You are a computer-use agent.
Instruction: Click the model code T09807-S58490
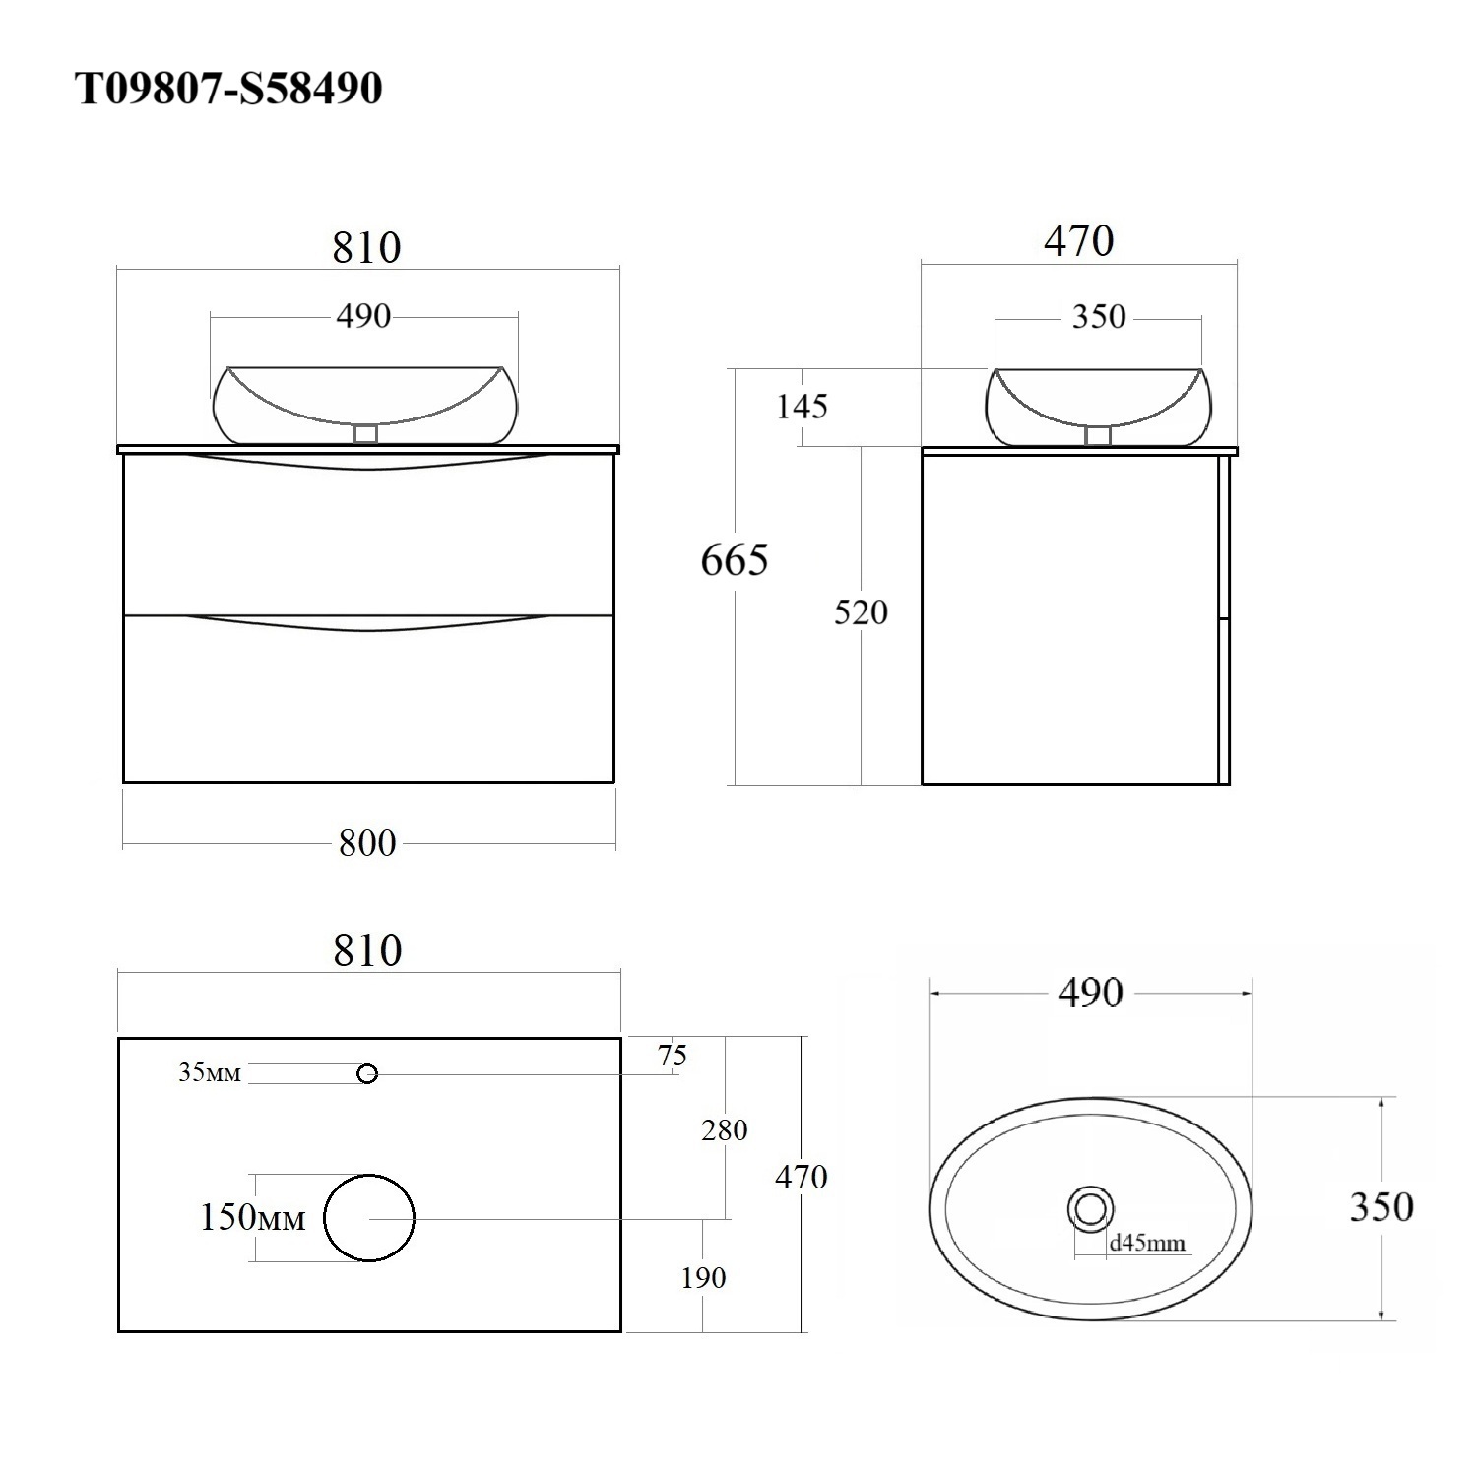pos(228,89)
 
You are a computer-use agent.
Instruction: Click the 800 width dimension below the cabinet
pos(367,843)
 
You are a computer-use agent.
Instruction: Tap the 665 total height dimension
pos(735,560)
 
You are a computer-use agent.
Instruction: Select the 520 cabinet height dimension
pos(861,612)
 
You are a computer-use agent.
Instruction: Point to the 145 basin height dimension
pos(803,406)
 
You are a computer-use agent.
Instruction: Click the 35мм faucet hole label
pos(209,1072)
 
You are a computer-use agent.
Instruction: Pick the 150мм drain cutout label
pos(253,1218)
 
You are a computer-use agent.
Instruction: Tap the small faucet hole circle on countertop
pos(367,1074)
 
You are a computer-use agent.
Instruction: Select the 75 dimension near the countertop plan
pos(673,1056)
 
